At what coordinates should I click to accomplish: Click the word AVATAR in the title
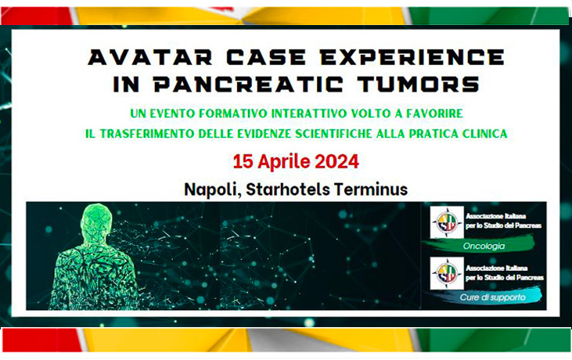tap(150, 57)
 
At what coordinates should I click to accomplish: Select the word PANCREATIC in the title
tap(249, 84)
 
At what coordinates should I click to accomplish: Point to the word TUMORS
tap(419, 84)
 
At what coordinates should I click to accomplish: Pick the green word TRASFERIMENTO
tap(147, 134)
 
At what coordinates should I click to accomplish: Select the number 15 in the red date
tap(243, 161)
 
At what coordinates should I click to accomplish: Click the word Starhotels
tap(288, 189)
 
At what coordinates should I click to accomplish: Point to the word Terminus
tap(371, 189)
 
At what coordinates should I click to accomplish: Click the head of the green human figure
tap(96, 220)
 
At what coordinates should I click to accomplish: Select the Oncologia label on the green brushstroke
tap(484, 247)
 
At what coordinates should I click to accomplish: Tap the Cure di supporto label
tap(492, 297)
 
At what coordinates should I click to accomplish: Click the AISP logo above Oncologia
tap(447, 222)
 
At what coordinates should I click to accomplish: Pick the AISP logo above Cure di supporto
tap(447, 273)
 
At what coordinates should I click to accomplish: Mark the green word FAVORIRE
tap(434, 113)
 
